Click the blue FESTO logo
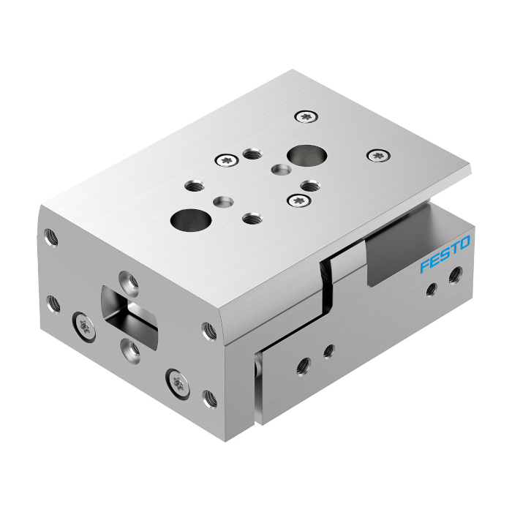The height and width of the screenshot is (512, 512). point(445,254)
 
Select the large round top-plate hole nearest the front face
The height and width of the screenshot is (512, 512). point(191,220)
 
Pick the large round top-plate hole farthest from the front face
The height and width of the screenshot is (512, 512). point(306,155)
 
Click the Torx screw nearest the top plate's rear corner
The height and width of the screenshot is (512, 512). point(306,116)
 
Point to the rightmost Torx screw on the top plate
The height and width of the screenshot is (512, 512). point(378,155)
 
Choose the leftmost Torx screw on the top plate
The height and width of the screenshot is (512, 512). point(227,160)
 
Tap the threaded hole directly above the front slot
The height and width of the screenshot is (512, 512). point(129,281)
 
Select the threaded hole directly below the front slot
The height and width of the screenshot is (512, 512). point(130,350)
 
